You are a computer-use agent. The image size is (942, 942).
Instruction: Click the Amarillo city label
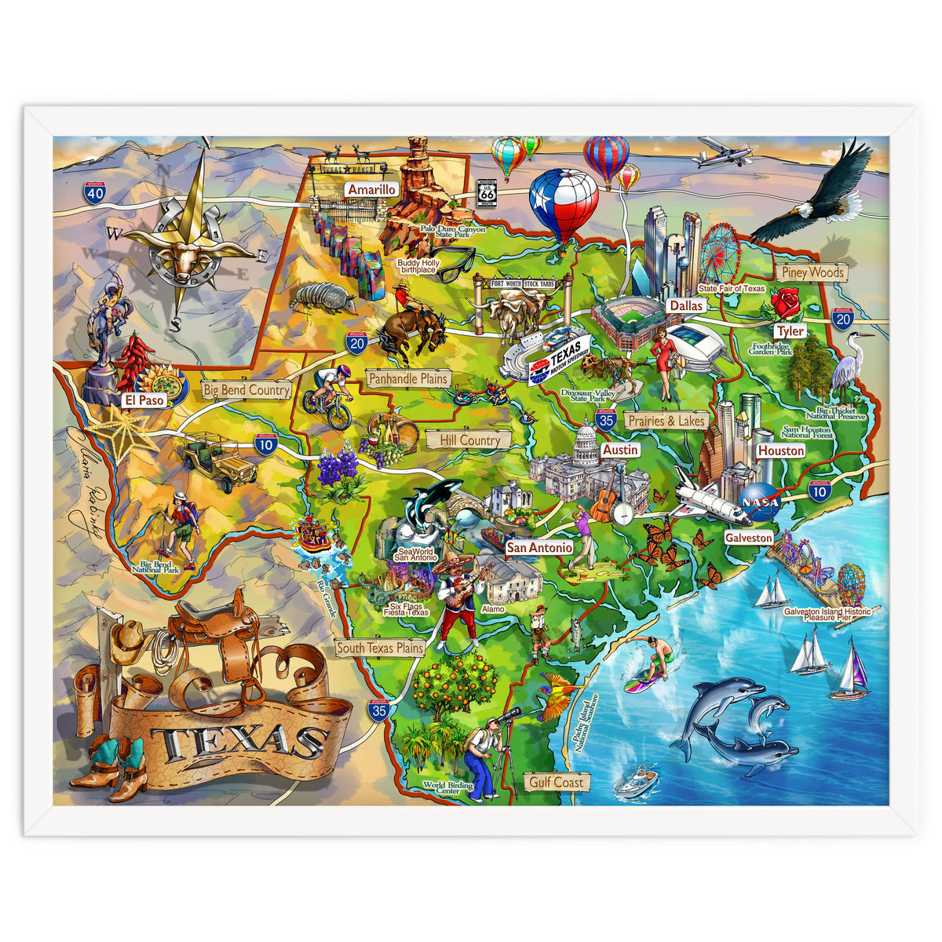pos(372,190)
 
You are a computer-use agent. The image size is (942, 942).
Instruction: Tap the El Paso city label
pos(144,400)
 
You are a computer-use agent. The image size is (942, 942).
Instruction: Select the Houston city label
pos(780,451)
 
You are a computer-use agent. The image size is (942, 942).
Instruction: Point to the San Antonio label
pos(539,547)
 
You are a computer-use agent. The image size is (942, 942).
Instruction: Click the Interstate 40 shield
pos(96,192)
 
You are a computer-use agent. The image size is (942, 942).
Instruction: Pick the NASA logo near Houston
pos(761,502)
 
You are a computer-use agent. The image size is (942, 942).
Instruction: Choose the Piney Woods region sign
pos(813,272)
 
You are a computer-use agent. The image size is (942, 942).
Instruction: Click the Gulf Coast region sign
pos(556,782)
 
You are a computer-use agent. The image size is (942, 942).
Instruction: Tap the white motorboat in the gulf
pos(636,781)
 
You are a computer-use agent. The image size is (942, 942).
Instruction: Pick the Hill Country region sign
pos(469,440)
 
